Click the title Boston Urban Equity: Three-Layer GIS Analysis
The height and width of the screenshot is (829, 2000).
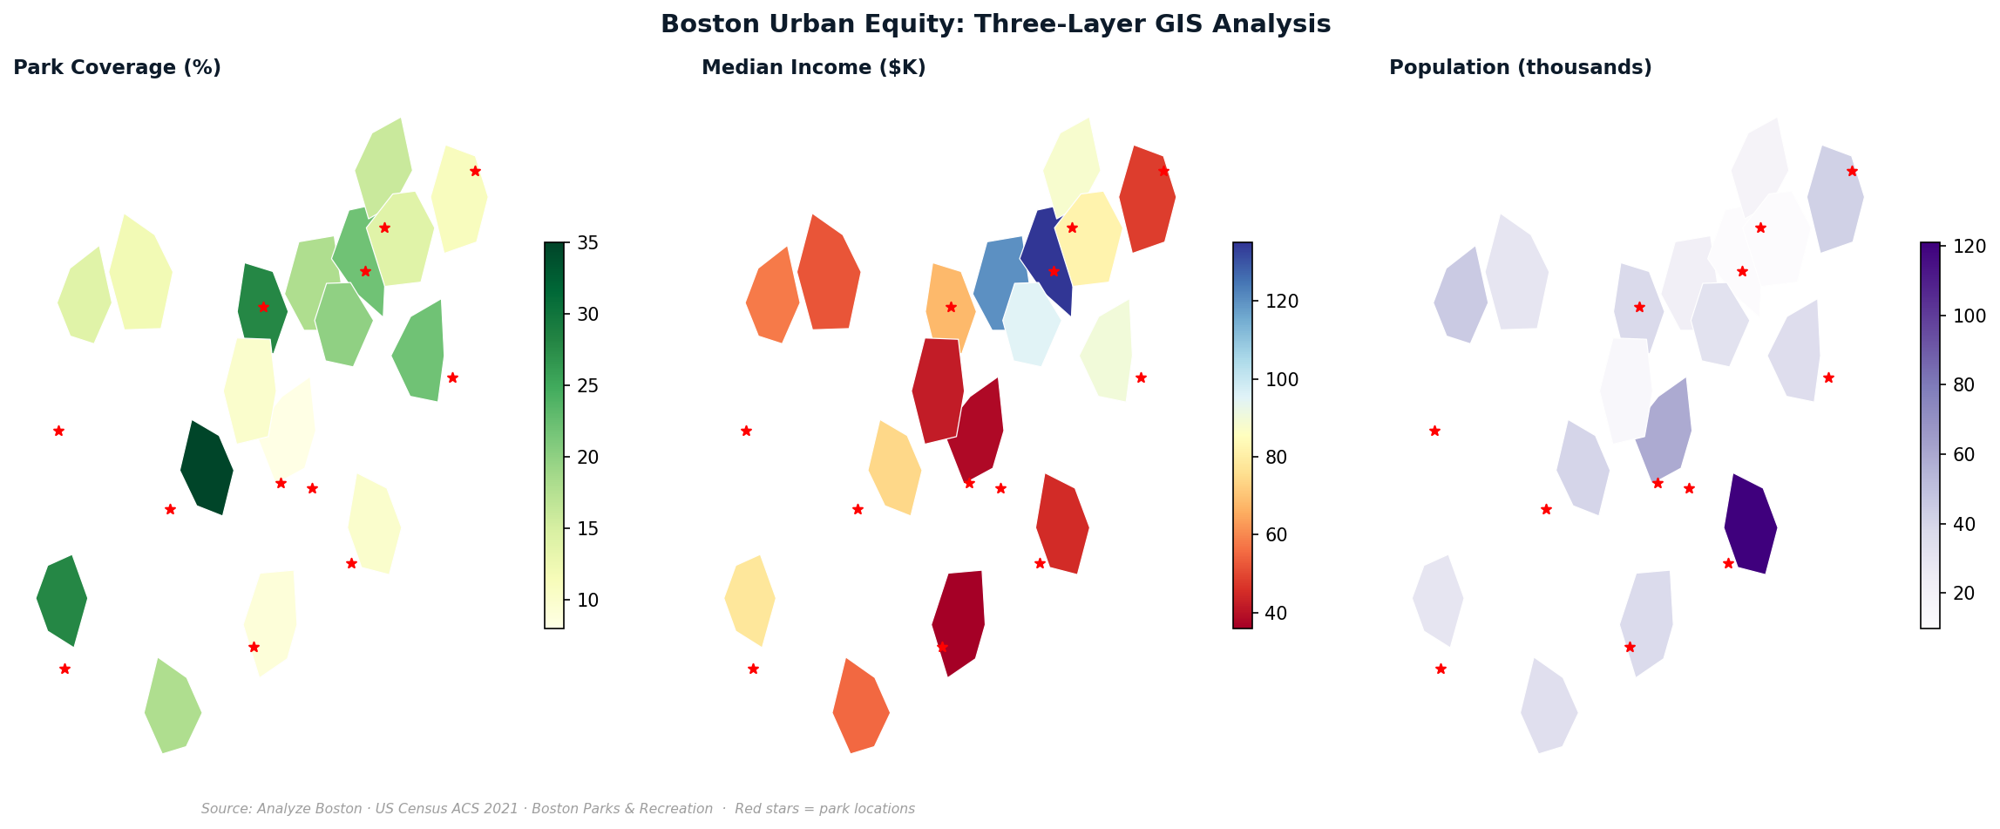point(995,24)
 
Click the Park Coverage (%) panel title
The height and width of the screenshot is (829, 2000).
point(117,68)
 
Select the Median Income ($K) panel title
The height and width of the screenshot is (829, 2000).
point(813,68)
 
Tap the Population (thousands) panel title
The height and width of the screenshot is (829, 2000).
point(1520,68)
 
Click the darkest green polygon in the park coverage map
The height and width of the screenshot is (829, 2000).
point(207,468)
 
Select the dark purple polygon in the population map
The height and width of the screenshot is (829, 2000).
point(1751,524)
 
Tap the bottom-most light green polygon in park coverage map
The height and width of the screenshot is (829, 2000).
point(173,706)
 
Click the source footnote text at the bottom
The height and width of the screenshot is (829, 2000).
point(558,809)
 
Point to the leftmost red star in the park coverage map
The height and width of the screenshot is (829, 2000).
point(58,431)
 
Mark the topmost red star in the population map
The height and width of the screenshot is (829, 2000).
point(1852,171)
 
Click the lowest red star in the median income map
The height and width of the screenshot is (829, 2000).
point(753,669)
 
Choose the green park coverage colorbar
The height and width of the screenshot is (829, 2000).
point(554,435)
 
